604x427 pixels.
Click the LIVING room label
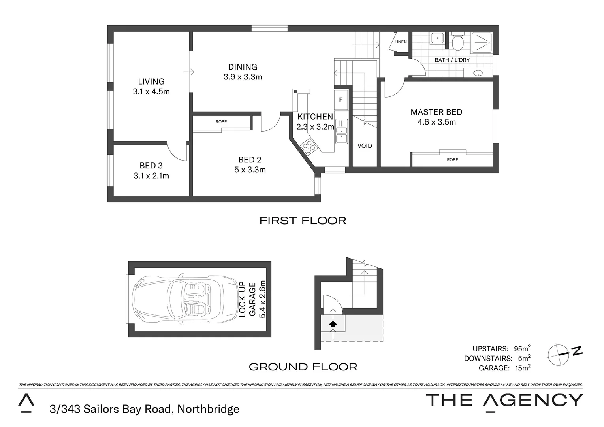151,81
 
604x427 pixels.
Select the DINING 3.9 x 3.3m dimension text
243,77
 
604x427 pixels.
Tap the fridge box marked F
341,100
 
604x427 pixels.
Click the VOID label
365,146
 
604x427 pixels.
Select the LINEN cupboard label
401,42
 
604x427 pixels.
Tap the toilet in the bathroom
458,43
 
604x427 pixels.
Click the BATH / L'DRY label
452,60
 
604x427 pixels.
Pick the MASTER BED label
436,112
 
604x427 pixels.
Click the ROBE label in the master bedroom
452,160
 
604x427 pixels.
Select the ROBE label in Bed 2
221,122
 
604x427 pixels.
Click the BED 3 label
151,166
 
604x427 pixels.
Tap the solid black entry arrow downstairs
333,323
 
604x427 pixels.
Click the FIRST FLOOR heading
303,221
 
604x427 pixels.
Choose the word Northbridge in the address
208,409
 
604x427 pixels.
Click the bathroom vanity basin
478,73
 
